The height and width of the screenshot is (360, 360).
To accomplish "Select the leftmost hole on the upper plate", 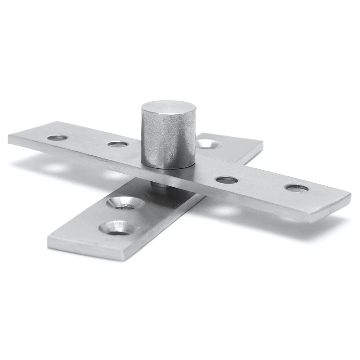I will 57,137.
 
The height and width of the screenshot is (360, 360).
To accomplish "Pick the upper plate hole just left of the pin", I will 117,144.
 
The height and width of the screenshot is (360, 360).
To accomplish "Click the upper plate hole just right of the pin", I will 226,180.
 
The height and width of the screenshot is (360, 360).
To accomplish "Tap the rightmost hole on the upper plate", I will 297,188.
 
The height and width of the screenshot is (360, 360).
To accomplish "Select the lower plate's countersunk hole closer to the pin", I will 126,202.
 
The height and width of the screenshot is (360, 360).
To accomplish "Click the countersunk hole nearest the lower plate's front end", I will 118,227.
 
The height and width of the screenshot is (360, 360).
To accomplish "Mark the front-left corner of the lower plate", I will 49,238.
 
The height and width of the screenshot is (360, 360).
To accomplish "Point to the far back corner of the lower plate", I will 262,144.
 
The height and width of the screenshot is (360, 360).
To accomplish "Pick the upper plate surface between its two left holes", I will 88,141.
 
